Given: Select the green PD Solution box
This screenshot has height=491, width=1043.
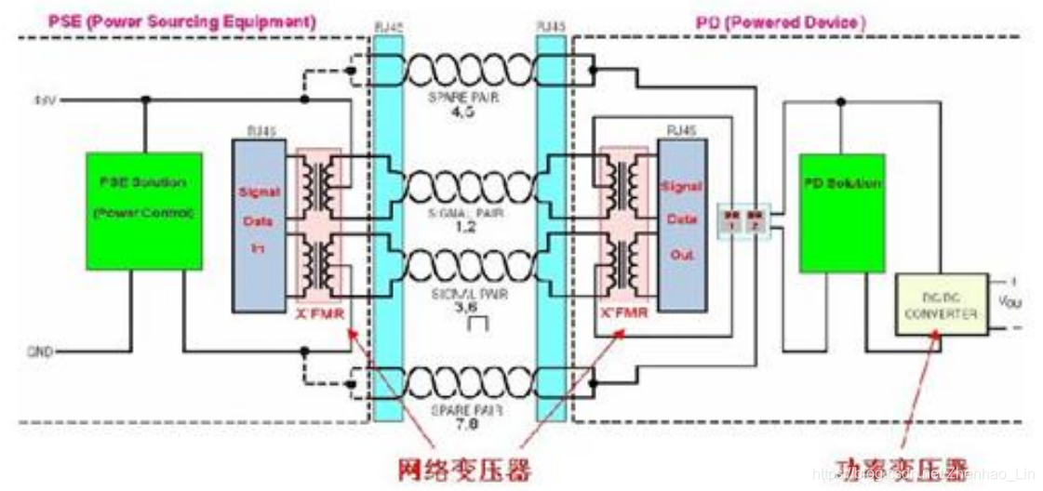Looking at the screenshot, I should pos(841,212).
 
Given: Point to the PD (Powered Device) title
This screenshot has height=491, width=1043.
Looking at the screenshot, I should pos(781,20).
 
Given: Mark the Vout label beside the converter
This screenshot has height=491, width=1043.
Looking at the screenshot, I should pos(1010,304).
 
